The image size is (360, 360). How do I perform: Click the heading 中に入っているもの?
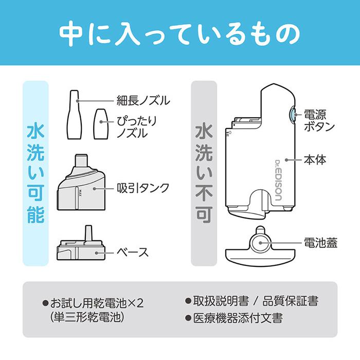coord(179,33)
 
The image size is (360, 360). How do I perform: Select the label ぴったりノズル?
coord(136,127)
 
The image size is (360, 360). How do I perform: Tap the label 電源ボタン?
coord(319,120)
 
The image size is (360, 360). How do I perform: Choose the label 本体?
coord(314,160)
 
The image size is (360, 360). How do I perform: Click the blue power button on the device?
coord(292,115)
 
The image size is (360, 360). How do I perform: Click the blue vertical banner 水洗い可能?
coord(35,173)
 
